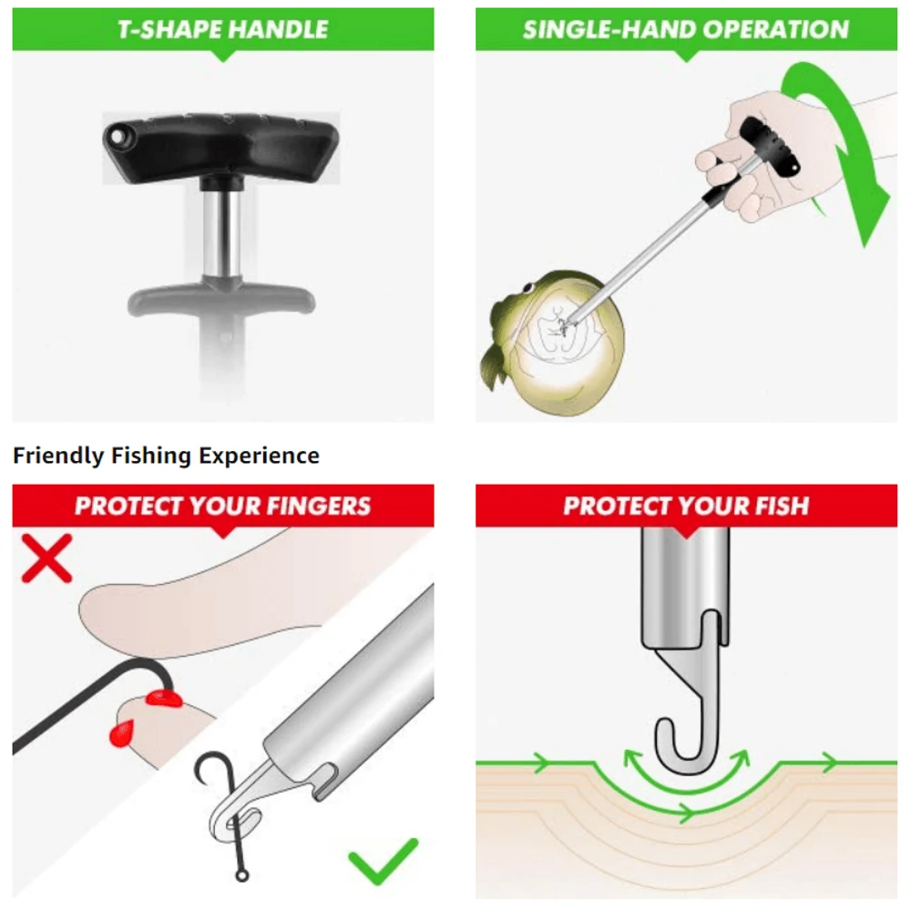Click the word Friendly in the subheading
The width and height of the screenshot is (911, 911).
58,455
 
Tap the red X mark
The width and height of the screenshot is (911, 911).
46,558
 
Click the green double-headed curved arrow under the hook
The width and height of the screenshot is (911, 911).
686,774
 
